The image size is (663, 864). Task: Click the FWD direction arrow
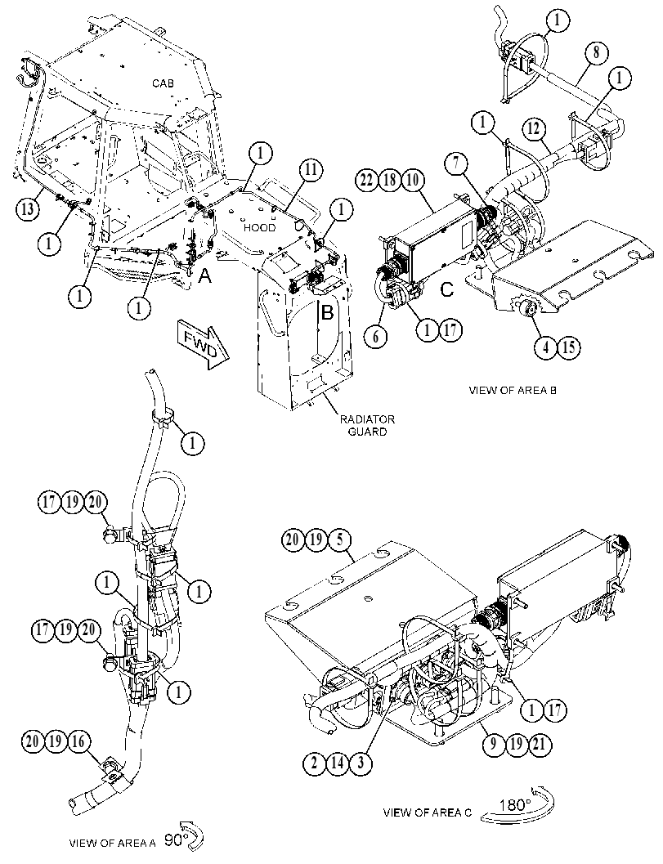click(202, 344)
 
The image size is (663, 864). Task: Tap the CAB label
click(163, 83)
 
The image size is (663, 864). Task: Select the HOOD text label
click(259, 227)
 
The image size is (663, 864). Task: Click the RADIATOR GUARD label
click(367, 425)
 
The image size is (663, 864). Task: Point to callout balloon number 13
click(28, 208)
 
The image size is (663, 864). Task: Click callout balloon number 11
click(311, 169)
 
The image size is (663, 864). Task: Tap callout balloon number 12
click(534, 129)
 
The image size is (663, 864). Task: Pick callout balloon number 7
click(458, 163)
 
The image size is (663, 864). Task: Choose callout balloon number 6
click(376, 336)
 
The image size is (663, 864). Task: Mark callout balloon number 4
click(545, 347)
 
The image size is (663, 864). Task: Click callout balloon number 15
click(568, 347)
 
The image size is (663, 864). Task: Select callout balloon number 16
click(78, 741)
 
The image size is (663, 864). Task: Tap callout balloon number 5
click(339, 539)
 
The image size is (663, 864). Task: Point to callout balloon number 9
click(493, 744)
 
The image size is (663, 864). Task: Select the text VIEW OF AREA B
click(513, 390)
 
